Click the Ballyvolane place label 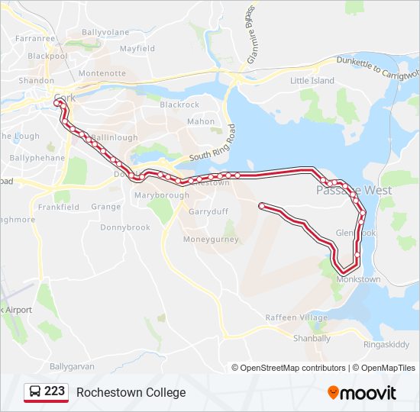(105, 33)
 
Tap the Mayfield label (137, 49)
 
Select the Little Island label (312, 81)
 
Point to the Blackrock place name (179, 105)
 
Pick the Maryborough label (161, 196)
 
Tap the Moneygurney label (211, 240)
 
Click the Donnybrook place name (125, 227)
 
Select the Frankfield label (59, 207)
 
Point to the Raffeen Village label (296, 317)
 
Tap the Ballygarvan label (72, 366)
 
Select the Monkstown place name (358, 279)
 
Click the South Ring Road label (213, 145)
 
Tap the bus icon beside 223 (35, 392)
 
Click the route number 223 (55, 392)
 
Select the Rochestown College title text (131, 392)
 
